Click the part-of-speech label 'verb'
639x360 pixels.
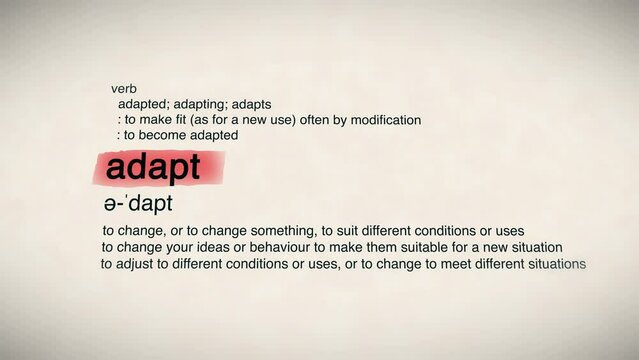pyautogui.click(x=123, y=89)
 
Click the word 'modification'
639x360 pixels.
pyautogui.click(x=384, y=120)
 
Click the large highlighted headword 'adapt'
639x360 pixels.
pyautogui.click(x=153, y=168)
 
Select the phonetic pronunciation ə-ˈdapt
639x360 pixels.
pyautogui.click(x=138, y=205)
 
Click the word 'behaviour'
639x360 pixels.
pyautogui.click(x=274, y=247)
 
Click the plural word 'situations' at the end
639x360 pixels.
pyautogui.click(x=553, y=264)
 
